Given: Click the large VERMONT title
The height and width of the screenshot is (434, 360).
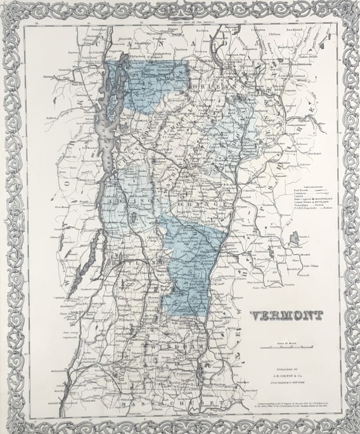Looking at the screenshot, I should (286, 315).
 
